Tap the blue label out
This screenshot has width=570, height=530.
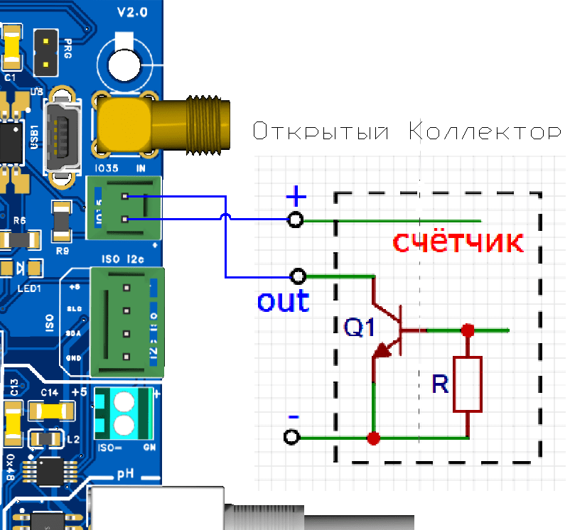pos(283,301)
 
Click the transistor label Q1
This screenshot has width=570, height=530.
pos(360,328)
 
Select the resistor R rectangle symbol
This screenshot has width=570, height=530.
pos(467,384)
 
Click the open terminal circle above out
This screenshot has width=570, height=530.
pos(299,276)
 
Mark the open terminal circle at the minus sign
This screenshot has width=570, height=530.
pos(290,438)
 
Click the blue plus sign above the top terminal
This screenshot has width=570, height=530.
pos(295,195)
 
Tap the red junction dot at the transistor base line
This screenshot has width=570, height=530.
pos(467,330)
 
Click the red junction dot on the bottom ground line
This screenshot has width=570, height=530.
pos(372,438)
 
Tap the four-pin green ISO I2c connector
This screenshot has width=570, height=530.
pos(127,321)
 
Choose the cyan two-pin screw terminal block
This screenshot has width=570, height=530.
pos(124,415)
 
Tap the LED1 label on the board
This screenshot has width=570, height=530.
pos(30,289)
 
